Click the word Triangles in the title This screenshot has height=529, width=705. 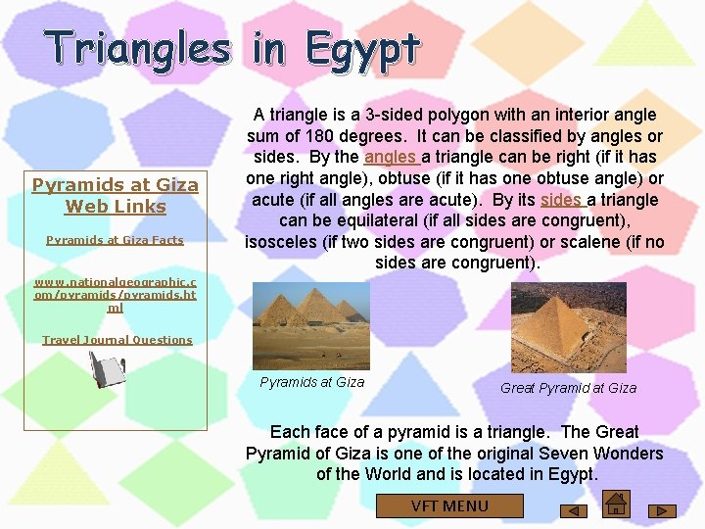click(137, 49)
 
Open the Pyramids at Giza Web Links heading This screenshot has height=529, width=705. click(116, 195)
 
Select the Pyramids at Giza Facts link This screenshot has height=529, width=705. click(115, 240)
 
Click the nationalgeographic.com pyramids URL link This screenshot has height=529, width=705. click(115, 294)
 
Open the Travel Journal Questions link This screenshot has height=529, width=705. click(117, 340)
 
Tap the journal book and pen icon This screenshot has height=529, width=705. click(107, 371)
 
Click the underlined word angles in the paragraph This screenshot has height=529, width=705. click(391, 157)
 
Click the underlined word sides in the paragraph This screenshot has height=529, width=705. click(561, 200)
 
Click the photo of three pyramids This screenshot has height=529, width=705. click(311, 325)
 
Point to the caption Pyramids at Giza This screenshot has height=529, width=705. click(311, 382)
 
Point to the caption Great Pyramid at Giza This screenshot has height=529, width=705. click(568, 388)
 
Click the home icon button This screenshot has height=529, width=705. click(616, 505)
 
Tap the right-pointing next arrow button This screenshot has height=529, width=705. click(663, 510)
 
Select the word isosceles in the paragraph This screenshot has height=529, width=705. click(284, 242)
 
